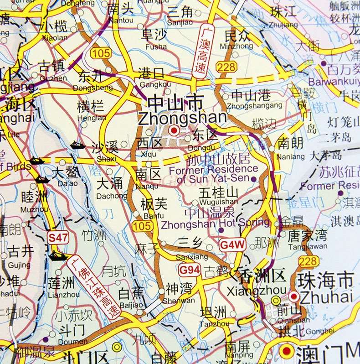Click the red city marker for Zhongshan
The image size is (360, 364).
click(173, 131)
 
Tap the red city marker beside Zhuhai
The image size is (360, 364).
click(294, 297)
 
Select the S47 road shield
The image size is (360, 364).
click(58, 237)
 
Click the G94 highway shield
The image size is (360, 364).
click(189, 270)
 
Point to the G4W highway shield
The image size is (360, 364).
click(232, 244)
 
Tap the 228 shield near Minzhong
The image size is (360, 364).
click(227, 67)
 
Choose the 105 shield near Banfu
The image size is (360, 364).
click(143, 227)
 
